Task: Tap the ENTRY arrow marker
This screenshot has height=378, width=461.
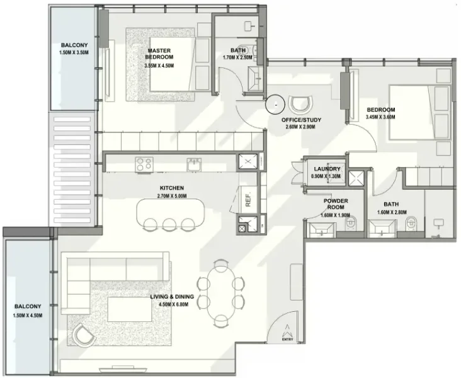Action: click(288, 331)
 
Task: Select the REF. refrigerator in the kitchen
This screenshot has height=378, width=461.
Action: click(248, 198)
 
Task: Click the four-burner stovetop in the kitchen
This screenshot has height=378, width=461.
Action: click(144, 164)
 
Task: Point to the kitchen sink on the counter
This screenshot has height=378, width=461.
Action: click(193, 164)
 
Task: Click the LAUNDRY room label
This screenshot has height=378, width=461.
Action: click(327, 169)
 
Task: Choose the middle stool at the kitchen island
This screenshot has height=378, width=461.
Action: click(169, 224)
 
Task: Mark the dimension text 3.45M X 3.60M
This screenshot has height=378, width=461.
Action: click(382, 117)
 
